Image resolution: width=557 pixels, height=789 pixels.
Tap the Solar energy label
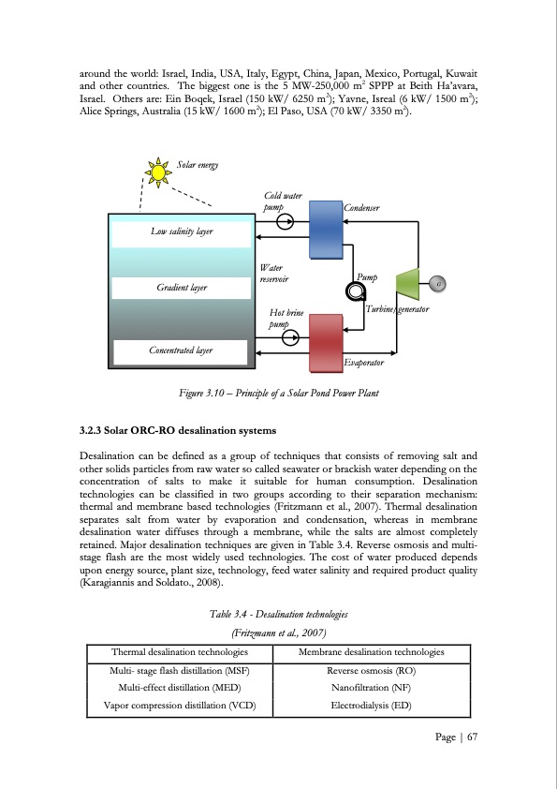198,166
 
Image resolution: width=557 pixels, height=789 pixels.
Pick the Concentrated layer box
181,350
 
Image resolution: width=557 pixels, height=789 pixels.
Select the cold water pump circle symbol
286,222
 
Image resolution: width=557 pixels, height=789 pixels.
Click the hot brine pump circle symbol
290,338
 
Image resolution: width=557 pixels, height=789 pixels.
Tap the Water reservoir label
273,273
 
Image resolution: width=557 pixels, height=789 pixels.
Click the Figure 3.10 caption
278,391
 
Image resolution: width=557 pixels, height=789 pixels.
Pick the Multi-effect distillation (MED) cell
179,688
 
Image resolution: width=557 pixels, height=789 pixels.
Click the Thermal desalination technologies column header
179,651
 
